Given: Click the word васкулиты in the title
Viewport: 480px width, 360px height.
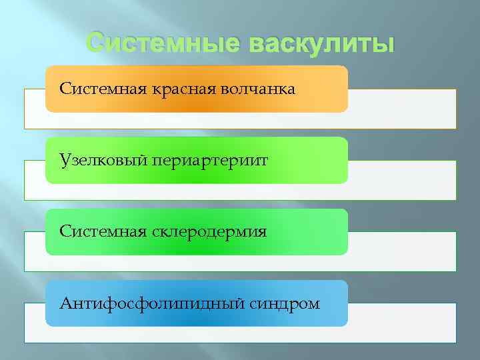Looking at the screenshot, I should coord(321,45).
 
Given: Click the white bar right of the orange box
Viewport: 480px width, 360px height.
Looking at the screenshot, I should coord(402,109).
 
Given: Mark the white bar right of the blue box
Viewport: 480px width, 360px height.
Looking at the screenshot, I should coord(402,323).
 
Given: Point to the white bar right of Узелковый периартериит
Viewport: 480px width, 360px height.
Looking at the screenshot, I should coord(402,180).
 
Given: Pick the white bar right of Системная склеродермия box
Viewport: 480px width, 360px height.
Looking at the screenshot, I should coord(402,251).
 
